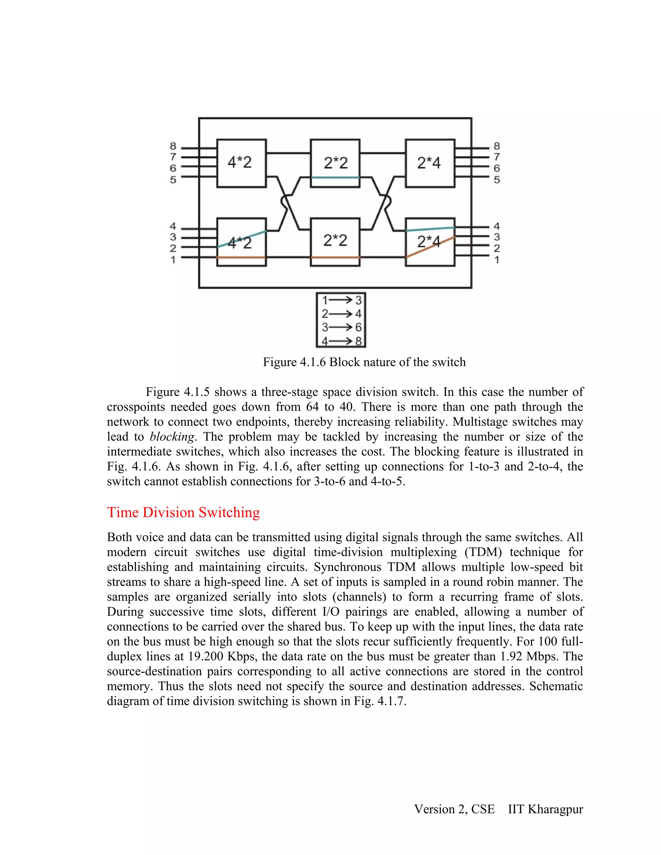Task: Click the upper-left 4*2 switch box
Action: click(241, 163)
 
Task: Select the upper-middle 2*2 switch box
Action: click(335, 163)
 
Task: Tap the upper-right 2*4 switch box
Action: click(430, 163)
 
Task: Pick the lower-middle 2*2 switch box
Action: click(335, 242)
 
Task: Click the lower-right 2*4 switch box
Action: click(430, 242)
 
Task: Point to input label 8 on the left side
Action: click(173, 146)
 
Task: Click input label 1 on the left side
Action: click(173, 259)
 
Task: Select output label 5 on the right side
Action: click(496, 180)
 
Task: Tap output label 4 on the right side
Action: click(496, 226)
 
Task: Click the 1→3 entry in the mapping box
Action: click(341, 300)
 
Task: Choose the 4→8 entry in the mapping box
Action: click(341, 341)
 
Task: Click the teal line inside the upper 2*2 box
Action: click(335, 178)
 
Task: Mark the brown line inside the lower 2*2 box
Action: click(335, 257)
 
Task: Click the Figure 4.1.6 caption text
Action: click(364, 362)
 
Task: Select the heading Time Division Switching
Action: click(183, 512)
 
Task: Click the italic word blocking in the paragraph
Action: click(172, 437)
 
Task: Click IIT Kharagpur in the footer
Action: click(545, 809)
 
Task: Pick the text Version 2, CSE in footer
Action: click(454, 809)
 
